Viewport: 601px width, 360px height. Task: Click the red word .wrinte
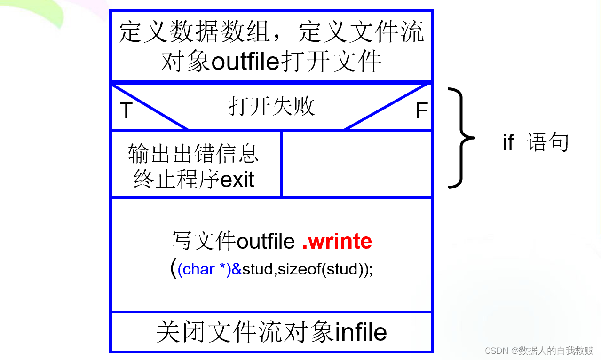point(337,241)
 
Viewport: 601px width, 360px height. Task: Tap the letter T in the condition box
point(126,111)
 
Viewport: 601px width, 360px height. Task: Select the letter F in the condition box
point(421,111)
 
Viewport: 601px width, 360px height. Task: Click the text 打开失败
point(272,106)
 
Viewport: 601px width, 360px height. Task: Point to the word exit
point(237,180)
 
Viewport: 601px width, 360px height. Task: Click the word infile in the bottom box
point(361,333)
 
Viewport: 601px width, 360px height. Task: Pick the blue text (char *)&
point(210,269)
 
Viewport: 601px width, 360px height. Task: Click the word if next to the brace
point(509,142)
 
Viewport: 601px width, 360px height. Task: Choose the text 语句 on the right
point(548,142)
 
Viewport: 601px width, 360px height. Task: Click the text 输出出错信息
point(193,154)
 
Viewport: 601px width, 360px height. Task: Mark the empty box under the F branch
point(356,164)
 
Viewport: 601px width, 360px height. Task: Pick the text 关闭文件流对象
point(245,333)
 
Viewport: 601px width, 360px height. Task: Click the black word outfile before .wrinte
point(266,242)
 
